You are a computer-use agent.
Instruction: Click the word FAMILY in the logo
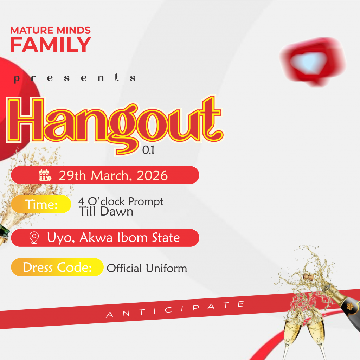51,44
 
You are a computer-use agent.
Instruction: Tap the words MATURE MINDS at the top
51,30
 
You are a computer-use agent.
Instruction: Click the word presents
75,78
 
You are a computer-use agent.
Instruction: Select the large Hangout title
115,124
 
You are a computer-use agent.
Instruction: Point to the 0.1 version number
148,150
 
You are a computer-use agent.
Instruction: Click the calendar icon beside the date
45,175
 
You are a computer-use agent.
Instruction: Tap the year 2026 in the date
152,176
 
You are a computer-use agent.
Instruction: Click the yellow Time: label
41,204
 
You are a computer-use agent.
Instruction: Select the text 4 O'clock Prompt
121,201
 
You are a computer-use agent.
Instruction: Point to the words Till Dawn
106,211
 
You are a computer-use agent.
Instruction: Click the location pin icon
34,238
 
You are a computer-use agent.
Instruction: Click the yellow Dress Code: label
57,267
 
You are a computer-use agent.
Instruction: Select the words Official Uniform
147,268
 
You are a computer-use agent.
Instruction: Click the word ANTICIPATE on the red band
175,309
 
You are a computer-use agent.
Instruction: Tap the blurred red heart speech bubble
313,62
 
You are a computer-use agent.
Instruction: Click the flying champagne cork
308,276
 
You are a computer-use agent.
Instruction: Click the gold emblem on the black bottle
350,306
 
